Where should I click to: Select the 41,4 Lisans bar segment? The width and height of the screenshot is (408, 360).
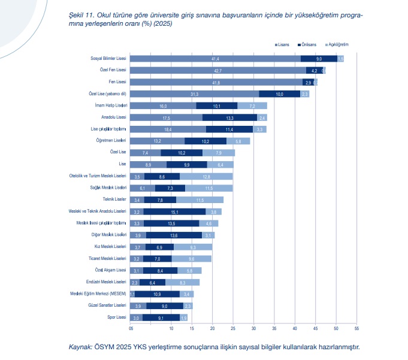[215, 59]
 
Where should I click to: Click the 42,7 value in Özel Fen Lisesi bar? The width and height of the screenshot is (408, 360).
[218, 71]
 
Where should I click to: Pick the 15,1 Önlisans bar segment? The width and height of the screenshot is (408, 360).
[174, 211]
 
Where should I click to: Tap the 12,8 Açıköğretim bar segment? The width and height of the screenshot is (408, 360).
[206, 177]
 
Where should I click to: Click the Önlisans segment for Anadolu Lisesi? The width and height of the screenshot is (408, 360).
[230, 117]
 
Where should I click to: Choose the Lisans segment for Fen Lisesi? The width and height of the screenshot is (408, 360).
[216, 82]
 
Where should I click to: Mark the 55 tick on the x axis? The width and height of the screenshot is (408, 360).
[356, 328]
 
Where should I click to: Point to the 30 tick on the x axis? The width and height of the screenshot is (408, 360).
[253, 328]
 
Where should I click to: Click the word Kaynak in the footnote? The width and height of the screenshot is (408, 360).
[80, 347]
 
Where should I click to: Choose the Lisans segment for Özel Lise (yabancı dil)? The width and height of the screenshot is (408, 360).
[195, 94]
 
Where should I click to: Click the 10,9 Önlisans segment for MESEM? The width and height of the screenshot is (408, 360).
[157, 294]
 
